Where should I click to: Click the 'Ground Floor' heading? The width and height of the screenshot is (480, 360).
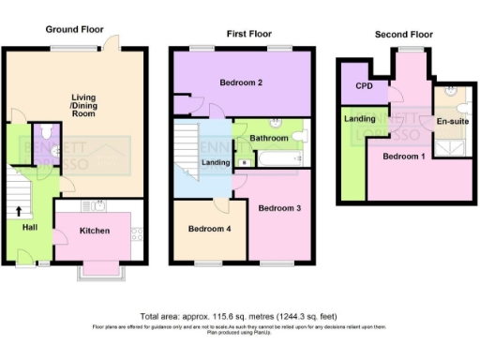click(x=73, y=29)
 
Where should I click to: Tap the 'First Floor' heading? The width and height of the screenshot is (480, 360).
click(x=248, y=34)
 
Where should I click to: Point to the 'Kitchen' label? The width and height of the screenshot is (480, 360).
click(x=95, y=231)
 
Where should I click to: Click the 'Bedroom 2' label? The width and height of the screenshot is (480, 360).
click(x=240, y=82)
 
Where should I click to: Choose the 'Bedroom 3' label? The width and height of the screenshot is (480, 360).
click(x=279, y=207)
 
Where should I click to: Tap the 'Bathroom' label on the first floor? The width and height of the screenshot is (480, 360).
click(x=268, y=138)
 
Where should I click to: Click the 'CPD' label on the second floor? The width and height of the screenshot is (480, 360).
click(x=364, y=86)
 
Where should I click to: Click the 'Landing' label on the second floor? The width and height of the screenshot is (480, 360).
click(x=360, y=119)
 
